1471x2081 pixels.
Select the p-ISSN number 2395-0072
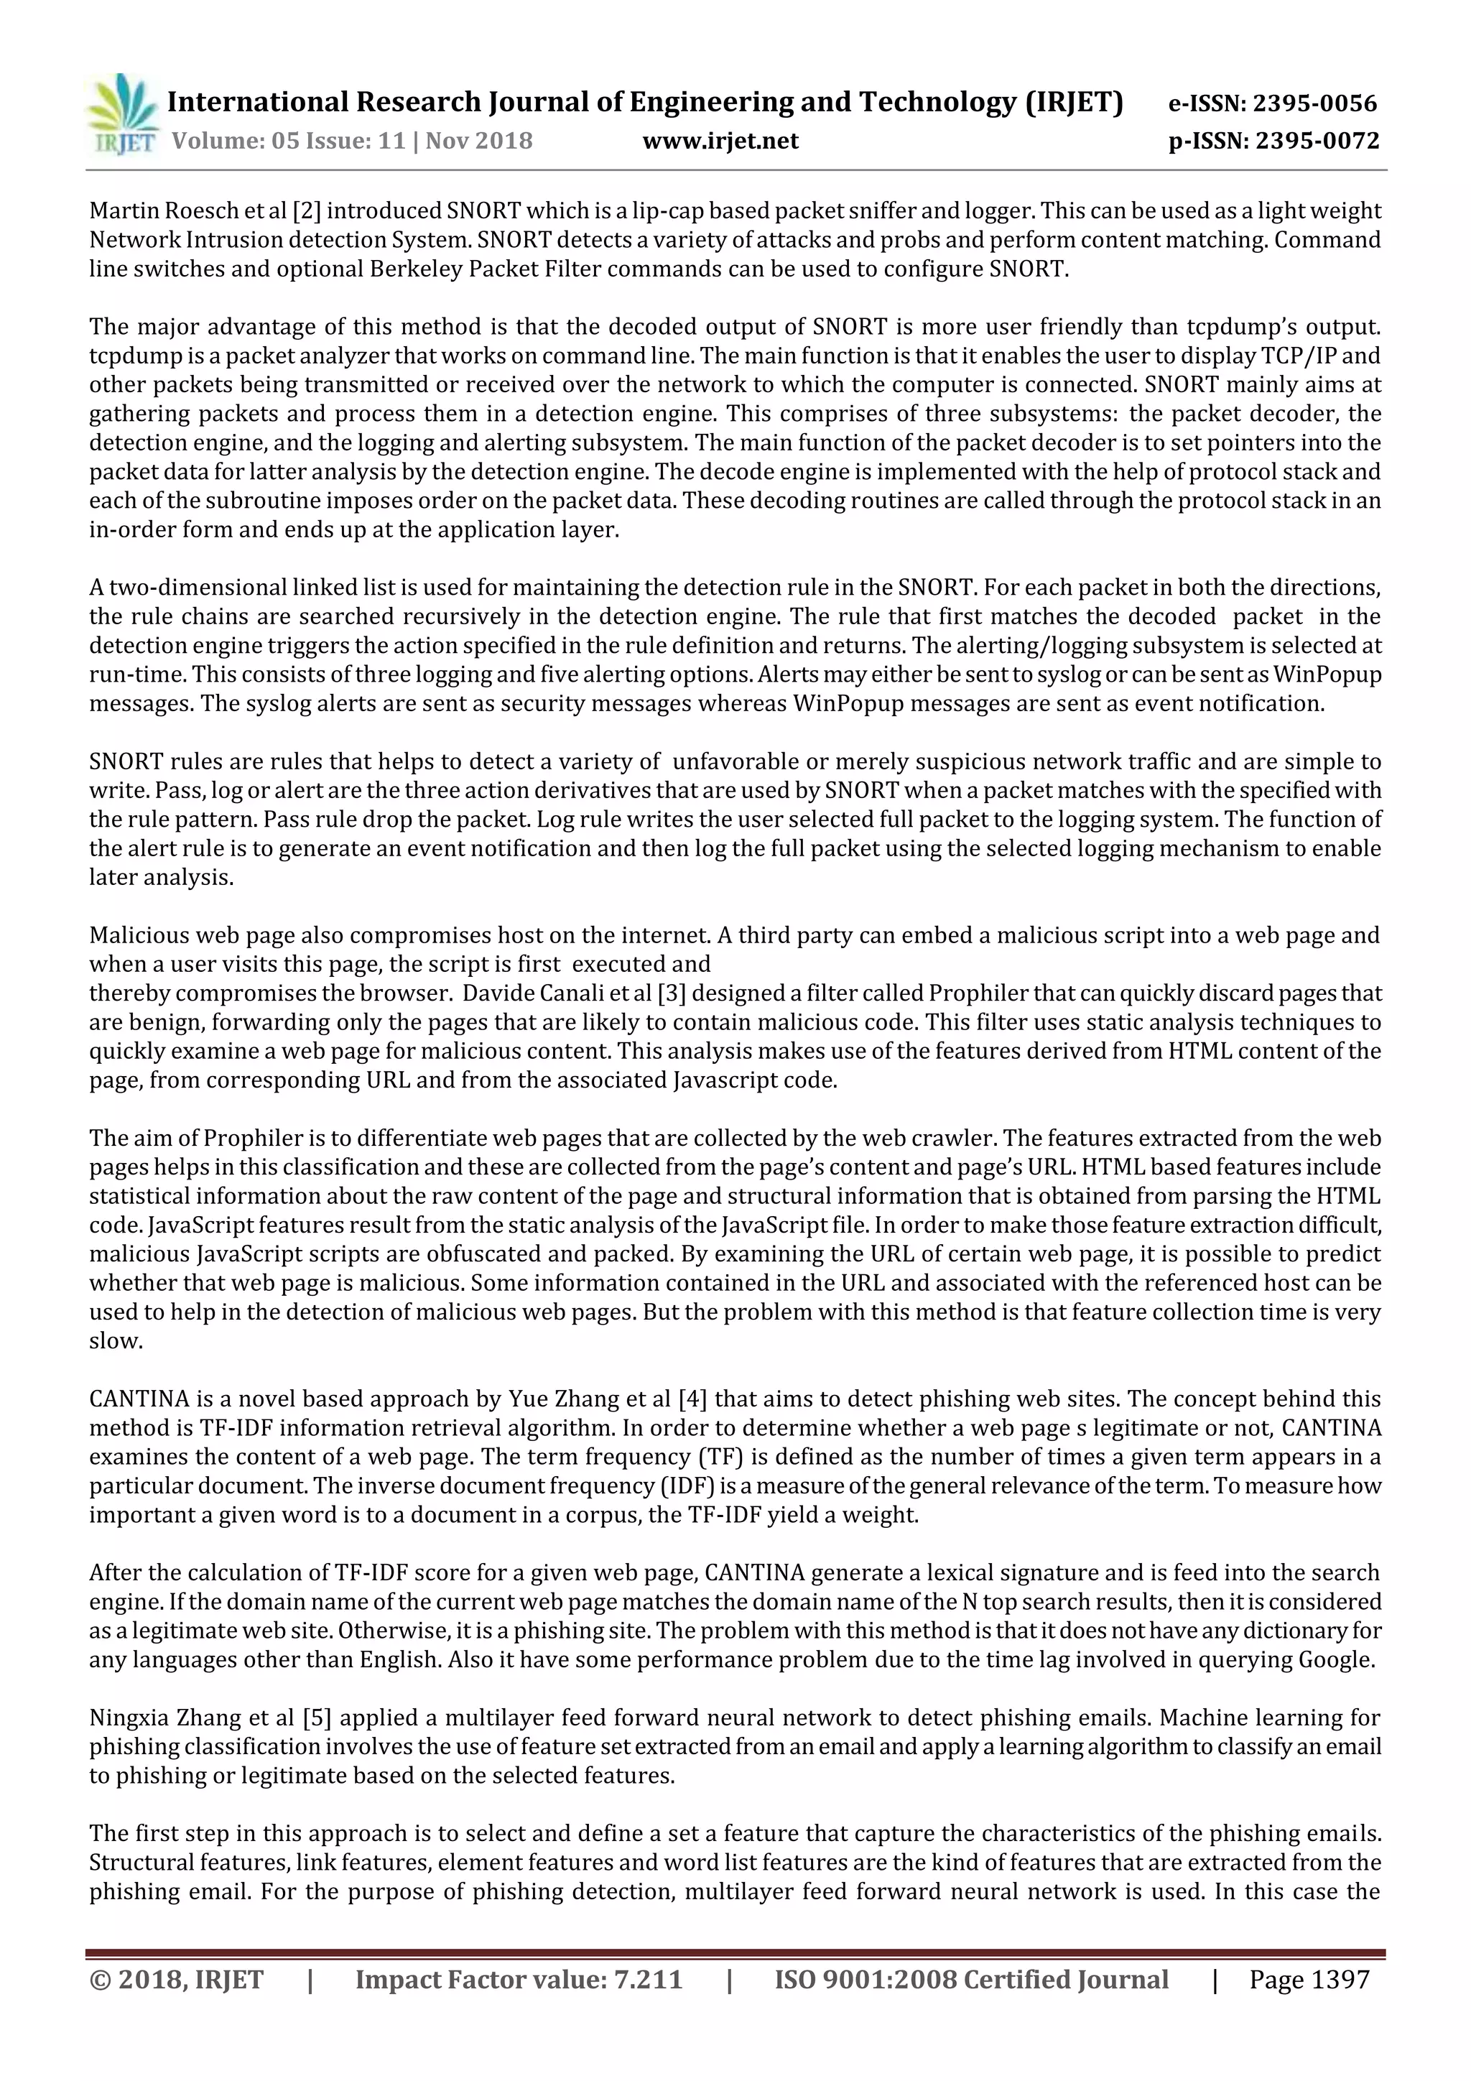(x=1317, y=141)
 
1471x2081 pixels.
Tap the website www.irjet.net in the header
(x=720, y=141)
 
